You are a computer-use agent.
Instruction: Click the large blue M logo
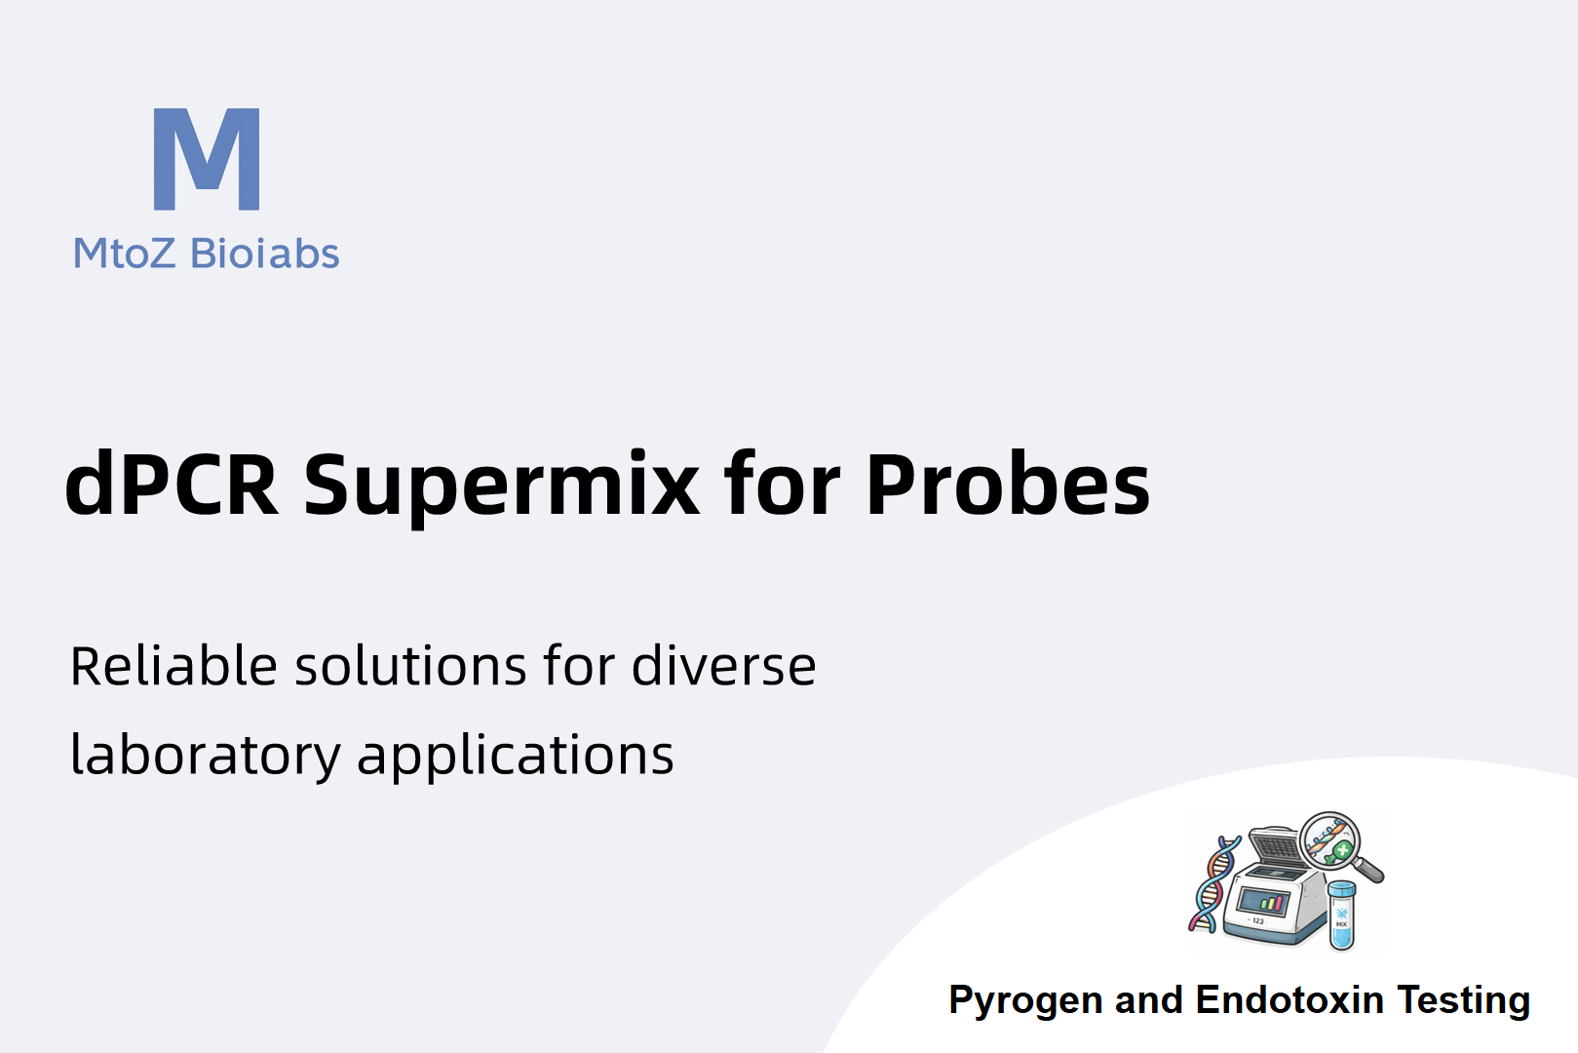(x=207, y=159)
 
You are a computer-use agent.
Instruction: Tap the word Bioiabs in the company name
(x=265, y=253)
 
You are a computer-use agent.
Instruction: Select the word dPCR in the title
(x=172, y=485)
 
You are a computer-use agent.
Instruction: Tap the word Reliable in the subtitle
(x=173, y=665)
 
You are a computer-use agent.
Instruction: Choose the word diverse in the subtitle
(x=723, y=665)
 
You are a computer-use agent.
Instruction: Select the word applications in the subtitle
(x=515, y=756)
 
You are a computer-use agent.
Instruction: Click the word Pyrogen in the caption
(x=1025, y=1001)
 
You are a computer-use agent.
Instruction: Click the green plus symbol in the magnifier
(x=1342, y=850)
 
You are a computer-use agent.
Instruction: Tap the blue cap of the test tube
(x=1341, y=889)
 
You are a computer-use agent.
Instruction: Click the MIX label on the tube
(x=1341, y=924)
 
